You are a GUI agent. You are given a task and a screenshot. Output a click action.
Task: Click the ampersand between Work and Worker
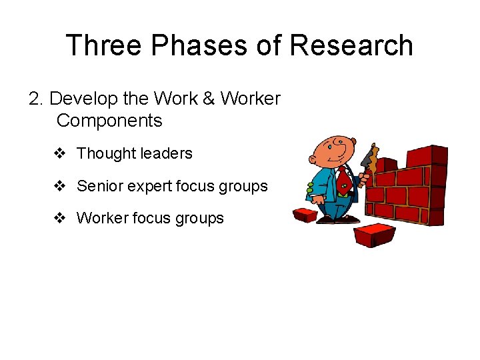pos(208,99)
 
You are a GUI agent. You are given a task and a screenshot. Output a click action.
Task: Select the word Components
pos(109,121)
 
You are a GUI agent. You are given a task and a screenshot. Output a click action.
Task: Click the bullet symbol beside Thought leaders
pos(59,153)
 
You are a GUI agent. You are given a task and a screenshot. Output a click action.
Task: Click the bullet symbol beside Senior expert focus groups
pos(59,186)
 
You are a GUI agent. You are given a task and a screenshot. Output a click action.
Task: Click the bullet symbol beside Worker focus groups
pos(59,218)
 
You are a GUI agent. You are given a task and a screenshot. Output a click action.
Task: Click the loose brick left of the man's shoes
pos(305,215)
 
